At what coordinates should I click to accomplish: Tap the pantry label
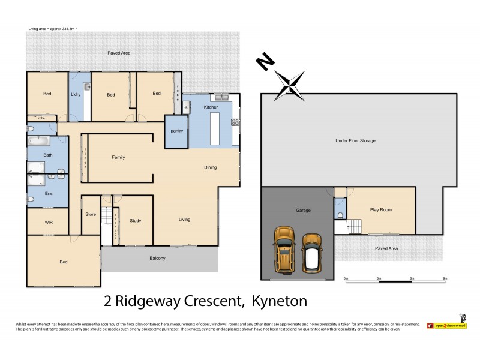pos(176,131)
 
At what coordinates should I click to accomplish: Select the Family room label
pos(118,157)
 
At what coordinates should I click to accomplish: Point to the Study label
pos(136,221)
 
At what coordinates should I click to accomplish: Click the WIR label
pos(48,221)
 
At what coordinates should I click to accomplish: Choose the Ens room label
pos(48,194)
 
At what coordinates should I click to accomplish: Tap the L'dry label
pos(76,95)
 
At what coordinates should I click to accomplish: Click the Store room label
pos(91,214)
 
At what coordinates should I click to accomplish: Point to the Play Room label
pos(381,210)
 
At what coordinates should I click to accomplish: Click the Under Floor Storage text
pos(355,140)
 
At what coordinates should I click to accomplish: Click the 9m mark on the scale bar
pos(445,279)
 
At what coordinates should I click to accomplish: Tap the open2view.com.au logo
pos(447,325)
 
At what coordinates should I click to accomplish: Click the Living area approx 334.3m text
pos(56,29)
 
